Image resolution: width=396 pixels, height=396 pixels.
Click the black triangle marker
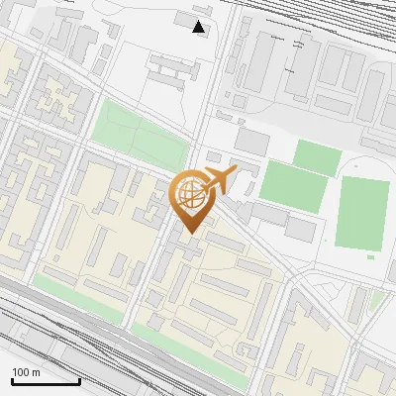[199, 27]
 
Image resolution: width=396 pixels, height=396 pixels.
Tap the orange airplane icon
[219, 179]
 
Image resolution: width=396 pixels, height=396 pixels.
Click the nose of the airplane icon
[236, 170]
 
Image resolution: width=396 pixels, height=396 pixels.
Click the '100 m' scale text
[26, 372]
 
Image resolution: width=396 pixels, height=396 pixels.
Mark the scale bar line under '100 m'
[46, 380]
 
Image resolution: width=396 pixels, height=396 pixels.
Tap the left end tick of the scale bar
[12, 379]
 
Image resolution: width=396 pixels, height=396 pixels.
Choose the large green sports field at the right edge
[361, 213]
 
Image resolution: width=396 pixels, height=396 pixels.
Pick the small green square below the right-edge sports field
[370, 257]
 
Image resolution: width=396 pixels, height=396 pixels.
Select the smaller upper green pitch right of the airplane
[317, 155]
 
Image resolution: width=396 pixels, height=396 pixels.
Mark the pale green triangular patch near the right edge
[375, 302]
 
